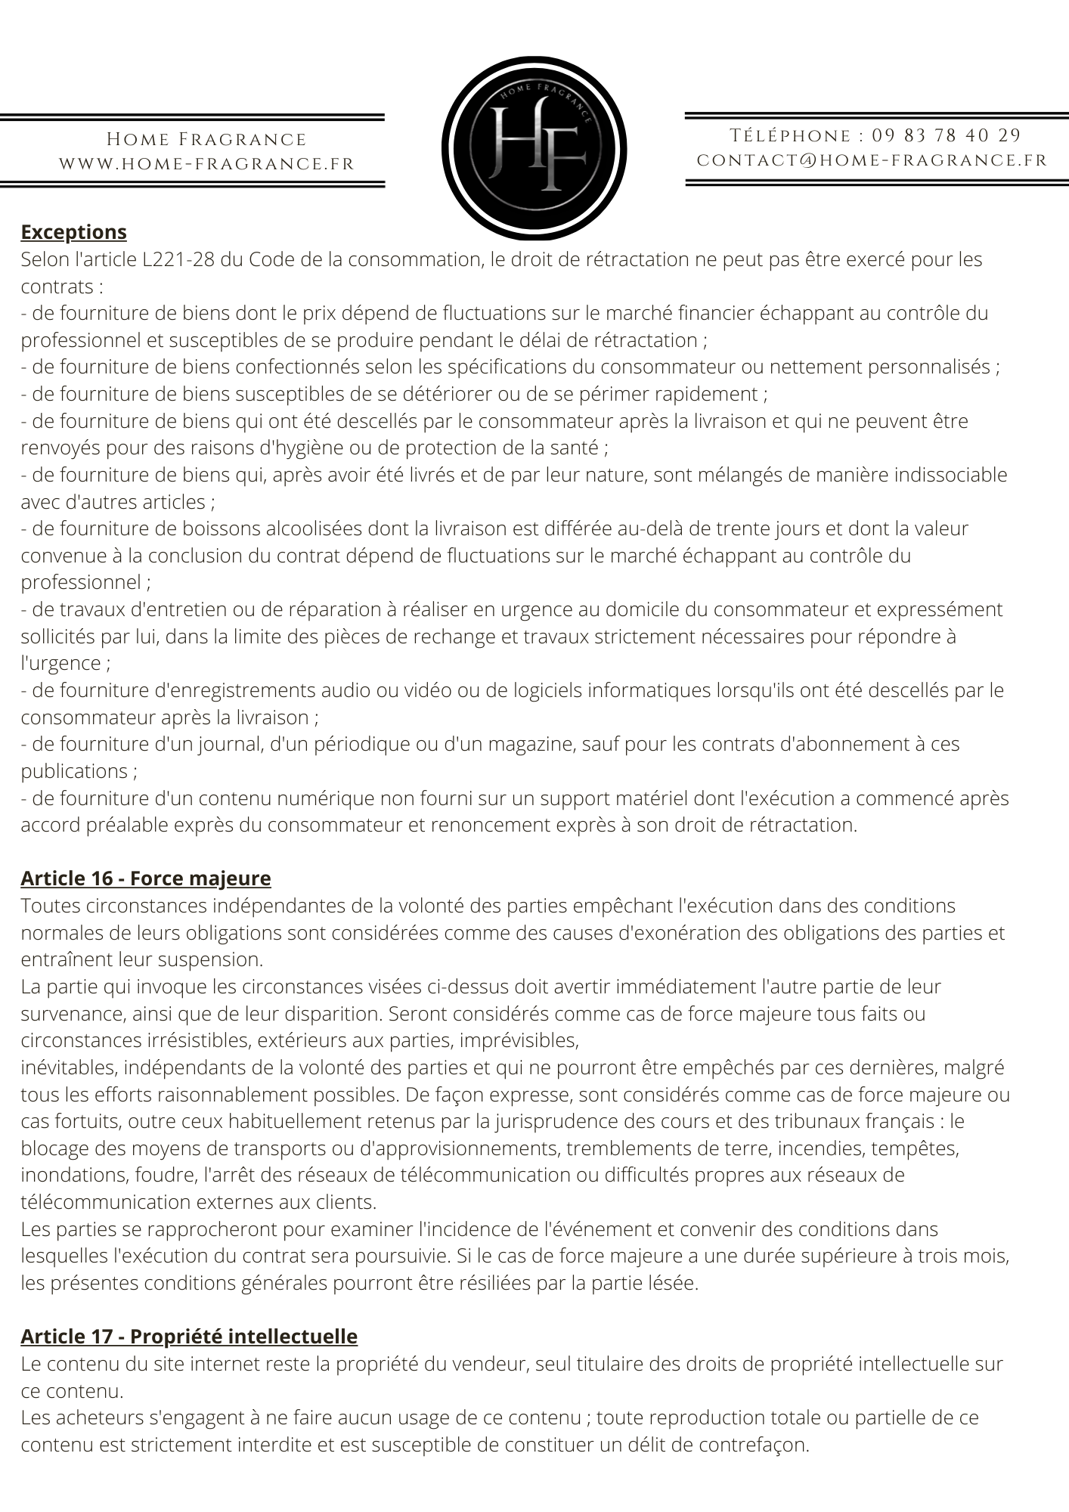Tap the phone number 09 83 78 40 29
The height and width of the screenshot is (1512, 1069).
946,136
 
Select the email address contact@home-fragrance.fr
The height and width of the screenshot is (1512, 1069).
872,160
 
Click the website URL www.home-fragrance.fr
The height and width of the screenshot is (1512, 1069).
206,164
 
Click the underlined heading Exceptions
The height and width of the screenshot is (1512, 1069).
73,232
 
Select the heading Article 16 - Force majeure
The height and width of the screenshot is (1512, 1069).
145,878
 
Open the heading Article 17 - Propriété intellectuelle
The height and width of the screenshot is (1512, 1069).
188,1337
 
